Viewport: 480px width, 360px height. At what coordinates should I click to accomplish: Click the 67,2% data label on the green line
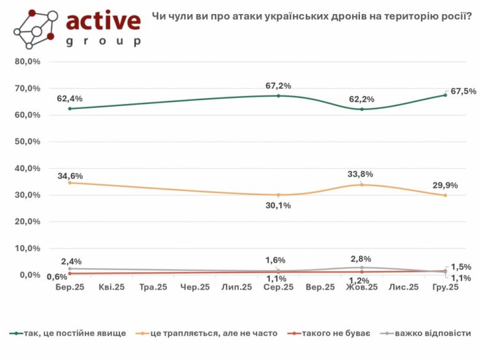278,86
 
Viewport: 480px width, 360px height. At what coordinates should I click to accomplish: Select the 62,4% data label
70,98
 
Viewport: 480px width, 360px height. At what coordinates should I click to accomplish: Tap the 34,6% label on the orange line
70,176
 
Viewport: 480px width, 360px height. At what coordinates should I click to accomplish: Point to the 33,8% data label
360,174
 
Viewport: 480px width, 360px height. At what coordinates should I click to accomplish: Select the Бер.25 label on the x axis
70,287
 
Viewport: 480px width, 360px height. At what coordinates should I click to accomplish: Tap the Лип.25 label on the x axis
237,287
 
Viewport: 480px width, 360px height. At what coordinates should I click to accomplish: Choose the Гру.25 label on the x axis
445,287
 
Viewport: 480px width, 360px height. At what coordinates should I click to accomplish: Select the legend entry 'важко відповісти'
434,333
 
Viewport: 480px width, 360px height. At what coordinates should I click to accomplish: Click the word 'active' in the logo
103,21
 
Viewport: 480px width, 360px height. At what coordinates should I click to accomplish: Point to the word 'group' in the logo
103,42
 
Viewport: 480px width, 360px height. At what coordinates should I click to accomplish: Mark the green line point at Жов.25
362,110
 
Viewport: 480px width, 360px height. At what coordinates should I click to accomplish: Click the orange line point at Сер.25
278,195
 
